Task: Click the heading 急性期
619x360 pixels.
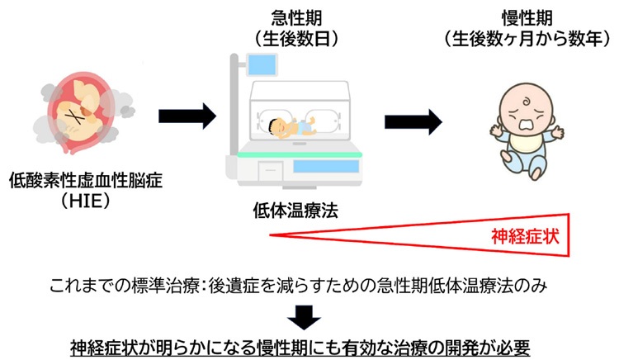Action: pos(296,18)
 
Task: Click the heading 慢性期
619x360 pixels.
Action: pos(527,18)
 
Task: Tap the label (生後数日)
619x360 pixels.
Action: pos(296,39)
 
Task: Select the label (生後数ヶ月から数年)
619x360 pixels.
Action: pos(527,39)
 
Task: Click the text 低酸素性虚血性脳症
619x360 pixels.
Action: pos(86,180)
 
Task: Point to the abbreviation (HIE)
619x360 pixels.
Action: pos(86,201)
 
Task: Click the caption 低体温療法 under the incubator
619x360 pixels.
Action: pos(295,211)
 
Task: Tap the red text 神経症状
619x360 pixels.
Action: pos(525,236)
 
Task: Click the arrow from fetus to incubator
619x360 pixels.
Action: pos(187,116)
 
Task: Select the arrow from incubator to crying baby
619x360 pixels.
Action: pos(413,122)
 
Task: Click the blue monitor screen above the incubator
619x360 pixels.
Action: pos(262,65)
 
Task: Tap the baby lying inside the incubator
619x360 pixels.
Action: pos(291,128)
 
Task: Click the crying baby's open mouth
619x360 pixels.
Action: pos(526,124)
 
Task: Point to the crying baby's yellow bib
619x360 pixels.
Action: pos(526,142)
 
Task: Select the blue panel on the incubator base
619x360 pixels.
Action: pos(326,166)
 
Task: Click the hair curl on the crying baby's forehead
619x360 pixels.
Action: pos(527,102)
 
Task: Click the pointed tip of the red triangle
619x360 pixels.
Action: pos(270,234)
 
